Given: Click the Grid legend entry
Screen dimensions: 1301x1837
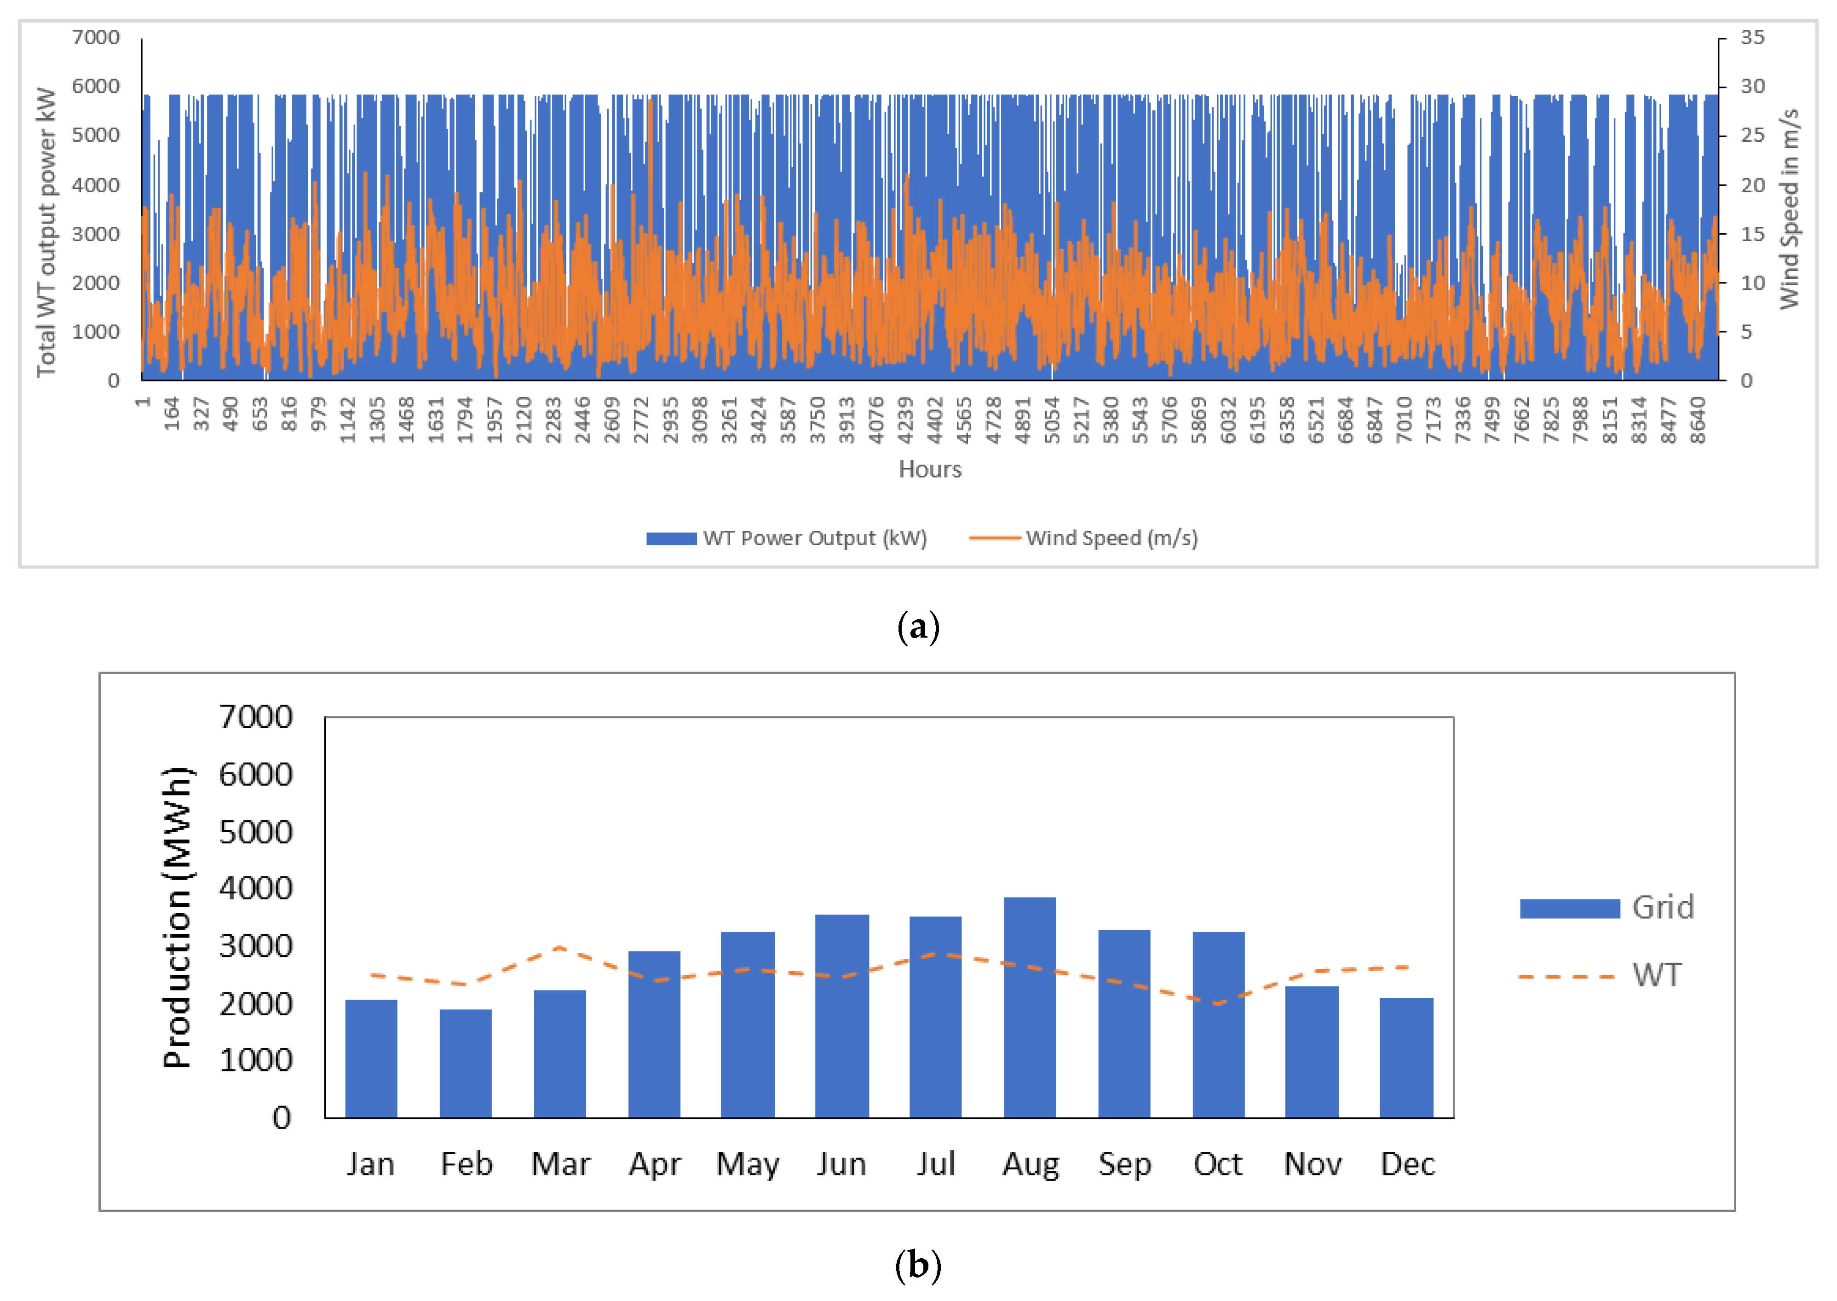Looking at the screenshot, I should [x=1606, y=908].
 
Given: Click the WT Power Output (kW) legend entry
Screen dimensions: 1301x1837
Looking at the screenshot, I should [x=787, y=538].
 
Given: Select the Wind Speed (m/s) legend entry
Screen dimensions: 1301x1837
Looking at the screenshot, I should [x=1083, y=538].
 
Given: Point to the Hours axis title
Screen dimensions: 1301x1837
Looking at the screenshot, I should [x=929, y=469].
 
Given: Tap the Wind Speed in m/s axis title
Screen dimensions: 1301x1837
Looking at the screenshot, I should [x=1789, y=209].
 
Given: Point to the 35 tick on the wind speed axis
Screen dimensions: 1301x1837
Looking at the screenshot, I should [x=1752, y=38].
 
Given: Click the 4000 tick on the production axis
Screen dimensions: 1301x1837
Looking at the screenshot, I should [x=256, y=888].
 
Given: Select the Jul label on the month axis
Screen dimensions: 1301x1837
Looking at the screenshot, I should [x=936, y=1164].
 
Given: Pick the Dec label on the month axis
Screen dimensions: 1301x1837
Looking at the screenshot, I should [x=1408, y=1164].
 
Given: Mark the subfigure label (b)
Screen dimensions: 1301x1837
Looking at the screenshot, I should [x=918, y=1266].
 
